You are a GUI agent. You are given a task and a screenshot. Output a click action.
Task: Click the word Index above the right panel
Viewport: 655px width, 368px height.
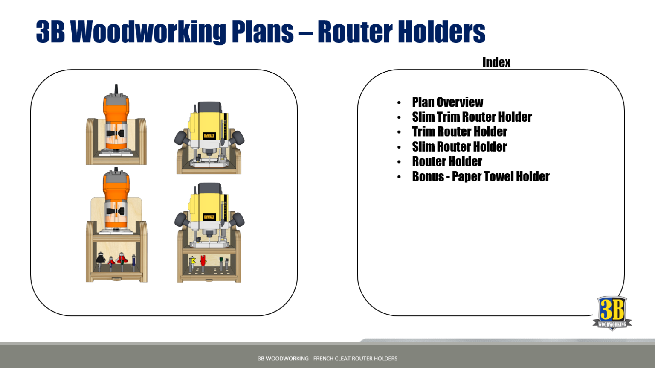pyautogui.click(x=496, y=62)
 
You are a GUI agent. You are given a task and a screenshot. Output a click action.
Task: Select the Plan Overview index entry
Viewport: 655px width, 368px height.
pyautogui.click(x=447, y=102)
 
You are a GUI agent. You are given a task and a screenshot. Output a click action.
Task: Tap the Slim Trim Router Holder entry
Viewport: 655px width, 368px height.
pyautogui.click(x=472, y=117)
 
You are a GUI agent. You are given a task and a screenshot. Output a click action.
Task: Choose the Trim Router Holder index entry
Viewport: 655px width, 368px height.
pyautogui.click(x=459, y=131)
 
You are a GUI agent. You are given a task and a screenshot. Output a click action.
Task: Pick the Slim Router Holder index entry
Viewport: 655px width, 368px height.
pyautogui.click(x=459, y=147)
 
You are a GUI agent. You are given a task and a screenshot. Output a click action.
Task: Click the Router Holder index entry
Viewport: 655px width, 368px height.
pyautogui.click(x=447, y=161)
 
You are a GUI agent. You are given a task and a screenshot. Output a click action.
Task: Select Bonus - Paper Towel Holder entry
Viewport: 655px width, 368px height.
pyautogui.click(x=481, y=176)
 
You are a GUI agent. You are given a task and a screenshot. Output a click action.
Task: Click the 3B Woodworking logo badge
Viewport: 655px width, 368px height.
pyautogui.click(x=612, y=313)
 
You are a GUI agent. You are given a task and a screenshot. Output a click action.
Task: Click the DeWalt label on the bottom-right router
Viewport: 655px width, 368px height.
pyautogui.click(x=209, y=217)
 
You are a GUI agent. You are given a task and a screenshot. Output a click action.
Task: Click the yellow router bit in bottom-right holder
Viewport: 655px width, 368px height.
pyautogui.click(x=193, y=260)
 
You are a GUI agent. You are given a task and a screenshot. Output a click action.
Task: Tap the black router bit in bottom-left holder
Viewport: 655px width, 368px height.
pyautogui.click(x=100, y=259)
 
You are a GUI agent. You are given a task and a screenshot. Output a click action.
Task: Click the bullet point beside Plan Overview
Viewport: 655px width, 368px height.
pyautogui.click(x=399, y=103)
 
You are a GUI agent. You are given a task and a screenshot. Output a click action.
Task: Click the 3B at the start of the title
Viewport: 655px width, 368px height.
pyautogui.click(x=50, y=32)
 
